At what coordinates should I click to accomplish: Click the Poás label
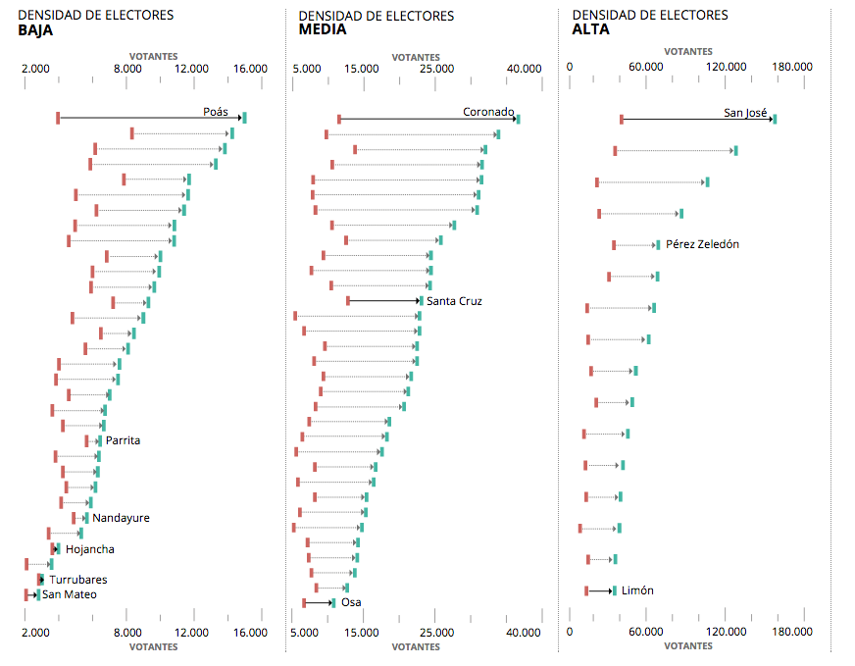216,112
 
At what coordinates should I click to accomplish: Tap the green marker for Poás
244,118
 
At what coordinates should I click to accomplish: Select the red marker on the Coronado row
339,119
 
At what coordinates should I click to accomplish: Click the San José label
745,113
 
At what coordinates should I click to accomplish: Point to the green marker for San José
775,119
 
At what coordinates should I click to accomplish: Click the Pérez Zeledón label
702,244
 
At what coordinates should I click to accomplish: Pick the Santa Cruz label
454,301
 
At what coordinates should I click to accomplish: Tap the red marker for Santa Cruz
348,300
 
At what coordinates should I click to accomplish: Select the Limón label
637,590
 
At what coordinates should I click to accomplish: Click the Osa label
351,602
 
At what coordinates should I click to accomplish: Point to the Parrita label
123,440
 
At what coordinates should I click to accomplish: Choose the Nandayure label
121,518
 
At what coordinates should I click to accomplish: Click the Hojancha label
89,549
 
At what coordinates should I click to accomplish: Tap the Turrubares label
78,580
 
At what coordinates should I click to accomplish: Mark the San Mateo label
69,594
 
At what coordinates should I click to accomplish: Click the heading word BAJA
35,30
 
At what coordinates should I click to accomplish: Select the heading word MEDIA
322,30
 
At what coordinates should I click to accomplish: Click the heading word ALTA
590,30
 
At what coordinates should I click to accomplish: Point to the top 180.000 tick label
792,67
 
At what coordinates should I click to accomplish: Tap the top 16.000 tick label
250,69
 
